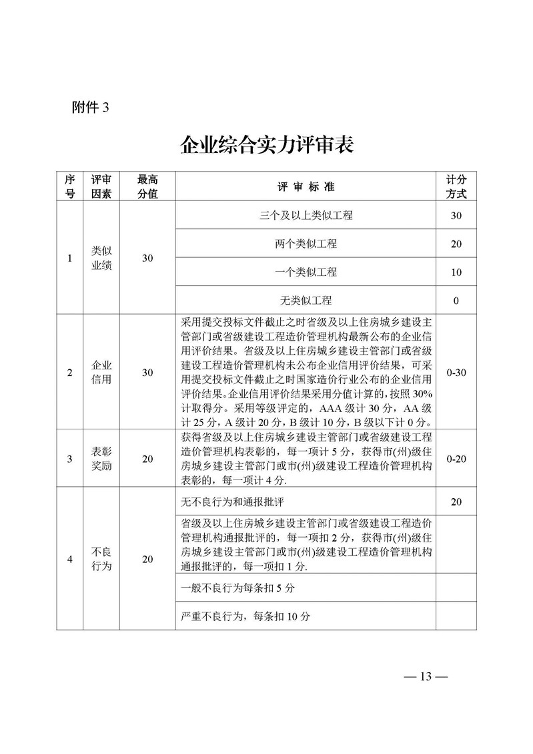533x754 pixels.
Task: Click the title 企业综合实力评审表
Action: pos(266,144)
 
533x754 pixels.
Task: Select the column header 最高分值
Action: pos(147,187)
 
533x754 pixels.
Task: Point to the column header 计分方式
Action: pos(456,187)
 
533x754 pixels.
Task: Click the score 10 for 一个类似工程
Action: pos(456,272)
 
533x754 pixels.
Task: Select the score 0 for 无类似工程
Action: pos(456,301)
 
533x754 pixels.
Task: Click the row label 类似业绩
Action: pos(101,258)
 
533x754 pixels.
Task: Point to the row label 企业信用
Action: pos(101,372)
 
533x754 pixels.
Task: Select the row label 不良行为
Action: pos(101,560)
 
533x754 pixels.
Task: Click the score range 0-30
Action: pos(456,372)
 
